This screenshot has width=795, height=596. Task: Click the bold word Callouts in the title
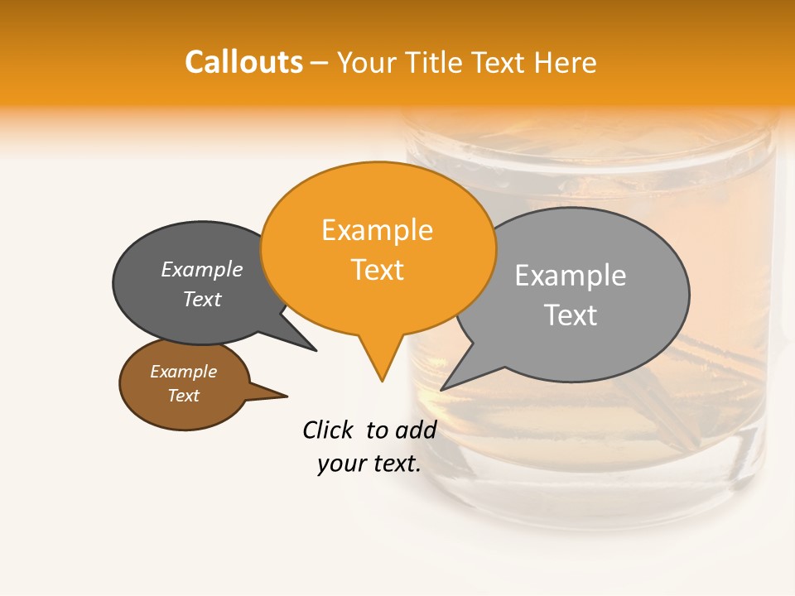pyautogui.click(x=243, y=62)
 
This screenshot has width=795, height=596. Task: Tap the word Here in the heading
pyautogui.click(x=566, y=63)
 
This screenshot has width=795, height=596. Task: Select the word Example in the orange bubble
pyautogui.click(x=377, y=230)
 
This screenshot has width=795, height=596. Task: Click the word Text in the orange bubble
pyautogui.click(x=377, y=270)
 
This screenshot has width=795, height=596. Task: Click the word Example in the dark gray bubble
pyautogui.click(x=202, y=270)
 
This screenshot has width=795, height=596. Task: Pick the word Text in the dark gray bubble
pyautogui.click(x=202, y=300)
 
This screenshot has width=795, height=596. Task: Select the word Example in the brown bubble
pyautogui.click(x=183, y=372)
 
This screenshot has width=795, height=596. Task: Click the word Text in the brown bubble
pyautogui.click(x=183, y=396)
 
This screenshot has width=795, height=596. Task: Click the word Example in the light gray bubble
pyautogui.click(x=570, y=276)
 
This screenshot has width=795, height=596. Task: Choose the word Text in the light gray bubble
pyautogui.click(x=570, y=315)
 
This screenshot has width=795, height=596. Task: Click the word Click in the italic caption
pyautogui.click(x=328, y=430)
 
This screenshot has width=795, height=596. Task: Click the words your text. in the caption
pyautogui.click(x=369, y=464)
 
